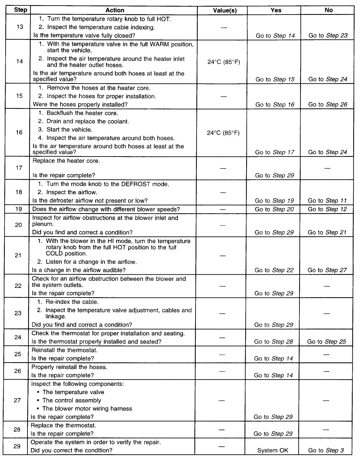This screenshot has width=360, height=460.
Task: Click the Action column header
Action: pos(115,10)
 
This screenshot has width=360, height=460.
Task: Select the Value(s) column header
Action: pos(225,10)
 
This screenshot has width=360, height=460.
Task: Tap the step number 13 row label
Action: pos(20,26)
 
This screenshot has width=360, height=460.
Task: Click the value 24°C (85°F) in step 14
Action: pos(223,62)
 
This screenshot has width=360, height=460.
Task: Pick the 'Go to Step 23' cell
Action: pos(328,35)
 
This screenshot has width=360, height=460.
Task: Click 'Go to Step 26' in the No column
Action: pos(328,105)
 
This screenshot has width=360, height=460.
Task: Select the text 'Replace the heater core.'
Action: pos(66,161)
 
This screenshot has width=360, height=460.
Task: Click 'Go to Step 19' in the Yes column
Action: pos(274,201)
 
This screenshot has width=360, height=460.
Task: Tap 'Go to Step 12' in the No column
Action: pos(327,209)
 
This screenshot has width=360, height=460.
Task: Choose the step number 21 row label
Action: pos(18,255)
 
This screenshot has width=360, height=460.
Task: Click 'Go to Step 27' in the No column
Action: pos(327,270)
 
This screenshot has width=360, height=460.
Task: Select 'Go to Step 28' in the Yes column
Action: pos(273,342)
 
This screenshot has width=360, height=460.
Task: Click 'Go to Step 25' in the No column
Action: pos(327,342)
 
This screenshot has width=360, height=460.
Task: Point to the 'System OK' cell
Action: pos(273,450)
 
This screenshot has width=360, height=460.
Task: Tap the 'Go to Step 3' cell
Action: pos(326,450)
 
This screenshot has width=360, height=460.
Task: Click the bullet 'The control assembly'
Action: pos(71,400)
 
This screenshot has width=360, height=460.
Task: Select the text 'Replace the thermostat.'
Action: pos(63,425)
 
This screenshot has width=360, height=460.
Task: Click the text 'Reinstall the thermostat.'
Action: pos(65,350)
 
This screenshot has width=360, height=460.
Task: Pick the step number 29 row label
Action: pos(17,446)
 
